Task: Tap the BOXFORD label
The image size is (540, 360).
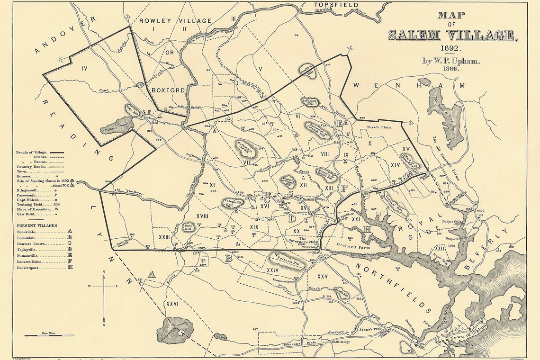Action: [x=168, y=90]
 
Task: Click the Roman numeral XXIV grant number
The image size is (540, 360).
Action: [x=272, y=270]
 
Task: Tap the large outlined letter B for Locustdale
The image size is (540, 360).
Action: [x=229, y=258]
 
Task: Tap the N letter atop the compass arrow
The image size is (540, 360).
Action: [x=104, y=272]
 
